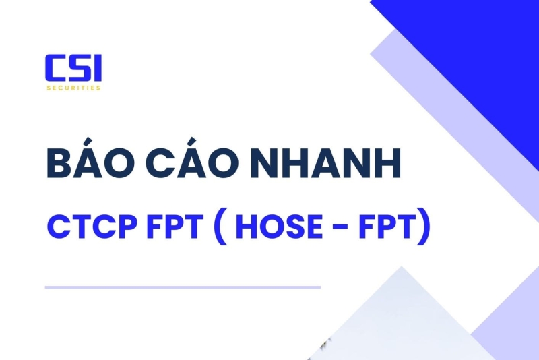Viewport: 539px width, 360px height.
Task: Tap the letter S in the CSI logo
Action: [x=75, y=69]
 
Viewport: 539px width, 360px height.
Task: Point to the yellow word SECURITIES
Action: [x=73, y=88]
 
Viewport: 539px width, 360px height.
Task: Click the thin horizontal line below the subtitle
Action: [x=183, y=287]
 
